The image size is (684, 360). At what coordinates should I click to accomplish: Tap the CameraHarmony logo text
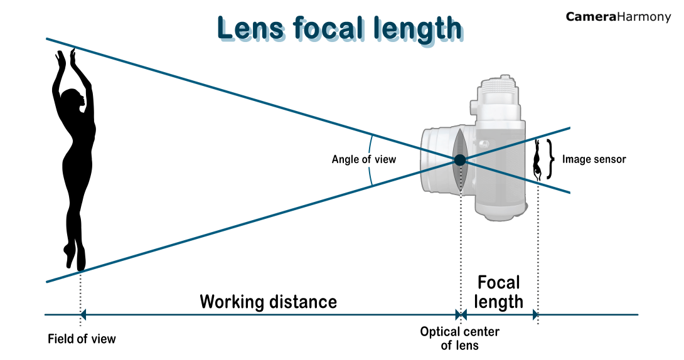tap(617, 17)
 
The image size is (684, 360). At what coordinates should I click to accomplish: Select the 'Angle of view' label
tap(364, 159)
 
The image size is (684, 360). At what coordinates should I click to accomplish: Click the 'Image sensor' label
tap(594, 159)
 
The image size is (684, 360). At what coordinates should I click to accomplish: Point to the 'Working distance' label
tap(268, 302)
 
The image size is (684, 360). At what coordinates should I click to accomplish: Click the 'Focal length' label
tap(499, 292)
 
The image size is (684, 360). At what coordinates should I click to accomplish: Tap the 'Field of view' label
tap(82, 339)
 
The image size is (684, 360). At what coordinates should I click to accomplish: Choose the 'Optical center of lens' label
tap(459, 338)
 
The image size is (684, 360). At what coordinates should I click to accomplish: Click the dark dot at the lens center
tap(460, 160)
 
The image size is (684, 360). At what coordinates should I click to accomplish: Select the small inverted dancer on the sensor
tap(537, 161)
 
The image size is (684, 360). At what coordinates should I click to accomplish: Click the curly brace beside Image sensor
tap(551, 159)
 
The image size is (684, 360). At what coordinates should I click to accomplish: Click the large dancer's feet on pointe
tap(75, 257)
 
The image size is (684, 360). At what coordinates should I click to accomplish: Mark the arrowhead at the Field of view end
tap(83, 315)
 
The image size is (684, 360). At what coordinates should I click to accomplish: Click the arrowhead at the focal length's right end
tap(535, 315)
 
